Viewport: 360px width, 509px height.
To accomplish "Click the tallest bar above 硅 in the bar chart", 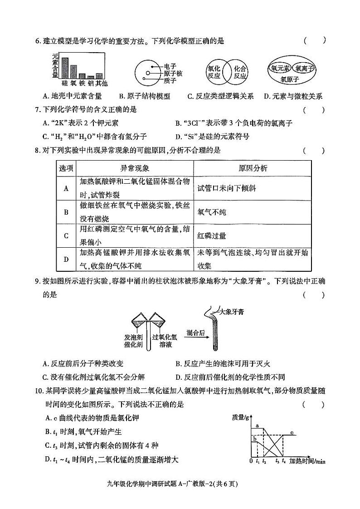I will pos(65,68).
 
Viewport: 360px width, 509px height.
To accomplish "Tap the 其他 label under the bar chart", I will pos(102,83).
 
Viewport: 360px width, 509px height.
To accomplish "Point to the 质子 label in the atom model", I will pos(170,80).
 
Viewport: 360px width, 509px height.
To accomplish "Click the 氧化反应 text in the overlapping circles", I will pos(214,73).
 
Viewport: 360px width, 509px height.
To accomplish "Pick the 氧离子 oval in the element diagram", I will pos(303,69).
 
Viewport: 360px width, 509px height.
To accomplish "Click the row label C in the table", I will pos(66,236).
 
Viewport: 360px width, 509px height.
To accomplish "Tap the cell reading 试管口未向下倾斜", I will pos(230,187).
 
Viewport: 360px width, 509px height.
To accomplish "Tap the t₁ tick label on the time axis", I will pos(257,461).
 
